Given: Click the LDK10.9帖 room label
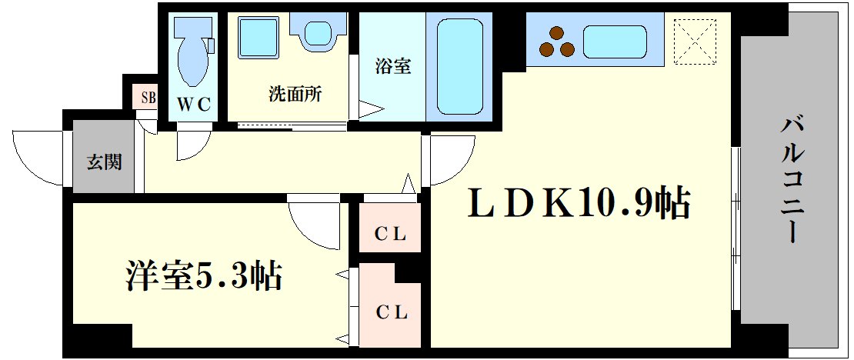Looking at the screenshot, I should (579, 205).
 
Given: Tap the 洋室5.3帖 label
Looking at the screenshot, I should (204, 275).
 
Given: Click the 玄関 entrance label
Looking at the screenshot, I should (103, 162).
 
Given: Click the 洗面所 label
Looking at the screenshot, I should (295, 95).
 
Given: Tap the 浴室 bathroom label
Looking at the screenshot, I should (392, 66).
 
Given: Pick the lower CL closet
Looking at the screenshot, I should (391, 312).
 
